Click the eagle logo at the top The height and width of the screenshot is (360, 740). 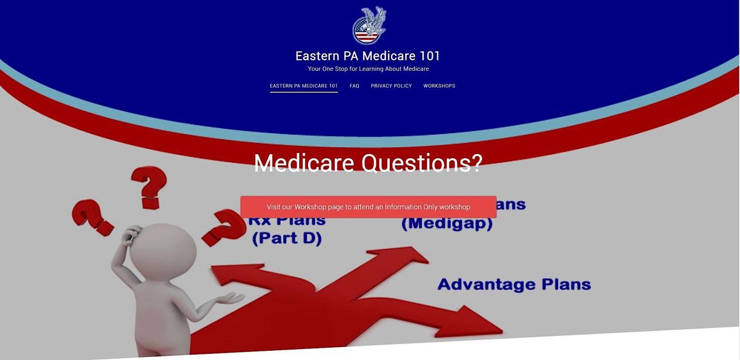click(x=369, y=26)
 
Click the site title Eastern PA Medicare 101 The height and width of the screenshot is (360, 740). click(x=368, y=56)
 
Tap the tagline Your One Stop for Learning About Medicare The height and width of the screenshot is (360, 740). click(x=368, y=69)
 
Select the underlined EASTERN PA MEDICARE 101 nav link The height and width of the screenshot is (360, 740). click(x=303, y=86)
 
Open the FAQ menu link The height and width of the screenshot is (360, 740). click(x=355, y=86)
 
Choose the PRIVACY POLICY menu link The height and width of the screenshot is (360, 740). click(x=391, y=86)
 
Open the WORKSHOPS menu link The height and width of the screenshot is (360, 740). click(x=439, y=86)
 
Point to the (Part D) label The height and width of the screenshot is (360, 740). click(x=287, y=238)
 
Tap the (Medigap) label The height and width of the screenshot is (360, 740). click(x=447, y=223)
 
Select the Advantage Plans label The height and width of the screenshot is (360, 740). click(x=514, y=285)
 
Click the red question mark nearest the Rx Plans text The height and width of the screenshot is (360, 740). click(x=223, y=226)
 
